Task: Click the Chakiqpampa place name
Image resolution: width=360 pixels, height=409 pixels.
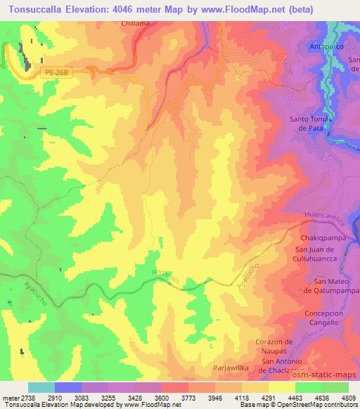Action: pos(317,238)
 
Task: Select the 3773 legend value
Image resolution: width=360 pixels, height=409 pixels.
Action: pos(174,397)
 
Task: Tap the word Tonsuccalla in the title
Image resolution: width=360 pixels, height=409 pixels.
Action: pos(34,9)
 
